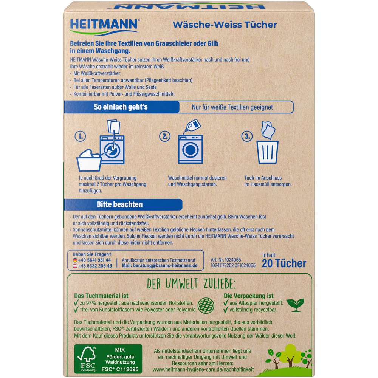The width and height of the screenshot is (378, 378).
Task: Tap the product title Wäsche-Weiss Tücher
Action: [225, 25]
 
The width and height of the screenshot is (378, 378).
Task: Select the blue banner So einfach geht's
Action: [121, 107]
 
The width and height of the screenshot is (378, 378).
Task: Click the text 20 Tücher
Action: [283, 263]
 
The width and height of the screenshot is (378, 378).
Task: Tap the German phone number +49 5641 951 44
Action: [92, 260]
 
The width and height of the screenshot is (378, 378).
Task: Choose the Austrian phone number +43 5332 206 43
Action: [92, 266]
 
